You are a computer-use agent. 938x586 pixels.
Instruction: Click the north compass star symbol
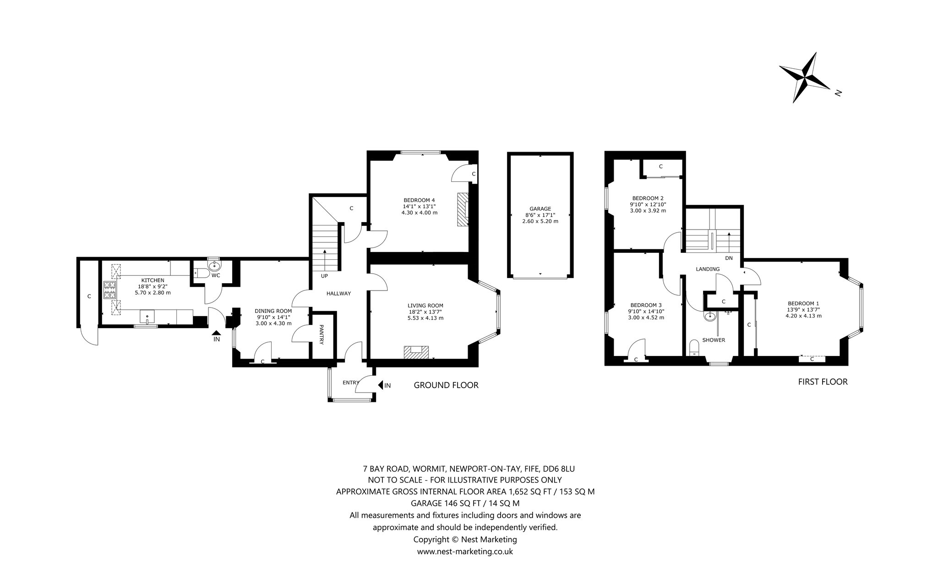[x=805, y=77]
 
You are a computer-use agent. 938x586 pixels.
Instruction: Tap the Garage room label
[x=540, y=208]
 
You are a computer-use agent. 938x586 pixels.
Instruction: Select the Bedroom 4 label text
[x=419, y=200]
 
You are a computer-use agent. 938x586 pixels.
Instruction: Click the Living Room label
[x=425, y=306]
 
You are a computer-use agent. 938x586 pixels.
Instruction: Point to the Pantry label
[x=322, y=335]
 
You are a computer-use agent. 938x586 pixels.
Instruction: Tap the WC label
[x=216, y=275]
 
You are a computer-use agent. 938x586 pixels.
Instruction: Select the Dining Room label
[x=273, y=311]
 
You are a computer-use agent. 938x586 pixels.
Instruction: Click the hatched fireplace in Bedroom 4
[x=463, y=210]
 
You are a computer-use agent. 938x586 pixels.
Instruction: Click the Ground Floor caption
[x=446, y=385]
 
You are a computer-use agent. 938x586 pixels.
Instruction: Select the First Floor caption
[x=823, y=382]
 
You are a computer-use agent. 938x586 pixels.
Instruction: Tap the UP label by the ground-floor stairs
[x=324, y=276]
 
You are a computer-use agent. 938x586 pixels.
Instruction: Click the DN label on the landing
[x=729, y=258]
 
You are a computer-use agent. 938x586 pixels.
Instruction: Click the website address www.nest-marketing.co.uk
[x=465, y=552]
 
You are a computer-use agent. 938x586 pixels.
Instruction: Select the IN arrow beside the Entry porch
[x=380, y=385]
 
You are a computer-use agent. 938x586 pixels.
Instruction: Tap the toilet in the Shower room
[x=694, y=348]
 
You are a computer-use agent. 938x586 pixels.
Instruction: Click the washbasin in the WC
[x=214, y=265]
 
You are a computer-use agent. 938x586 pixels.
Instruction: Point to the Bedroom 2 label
[x=648, y=198]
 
